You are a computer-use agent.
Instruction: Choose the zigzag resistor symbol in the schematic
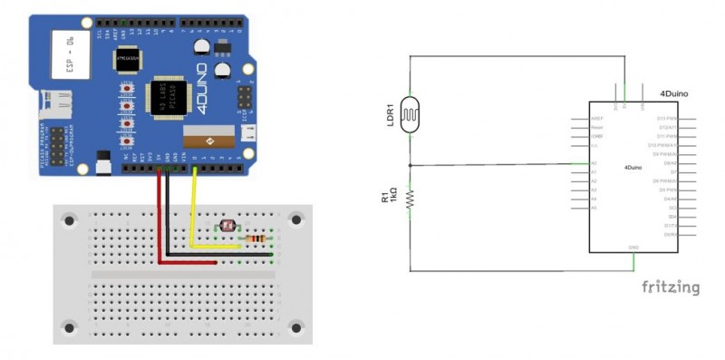(x=411, y=199)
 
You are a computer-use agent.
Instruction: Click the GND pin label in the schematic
(x=633, y=247)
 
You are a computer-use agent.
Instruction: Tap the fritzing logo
(x=671, y=287)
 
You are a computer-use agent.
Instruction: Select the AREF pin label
(x=597, y=119)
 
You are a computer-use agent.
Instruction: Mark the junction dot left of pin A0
(x=411, y=165)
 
